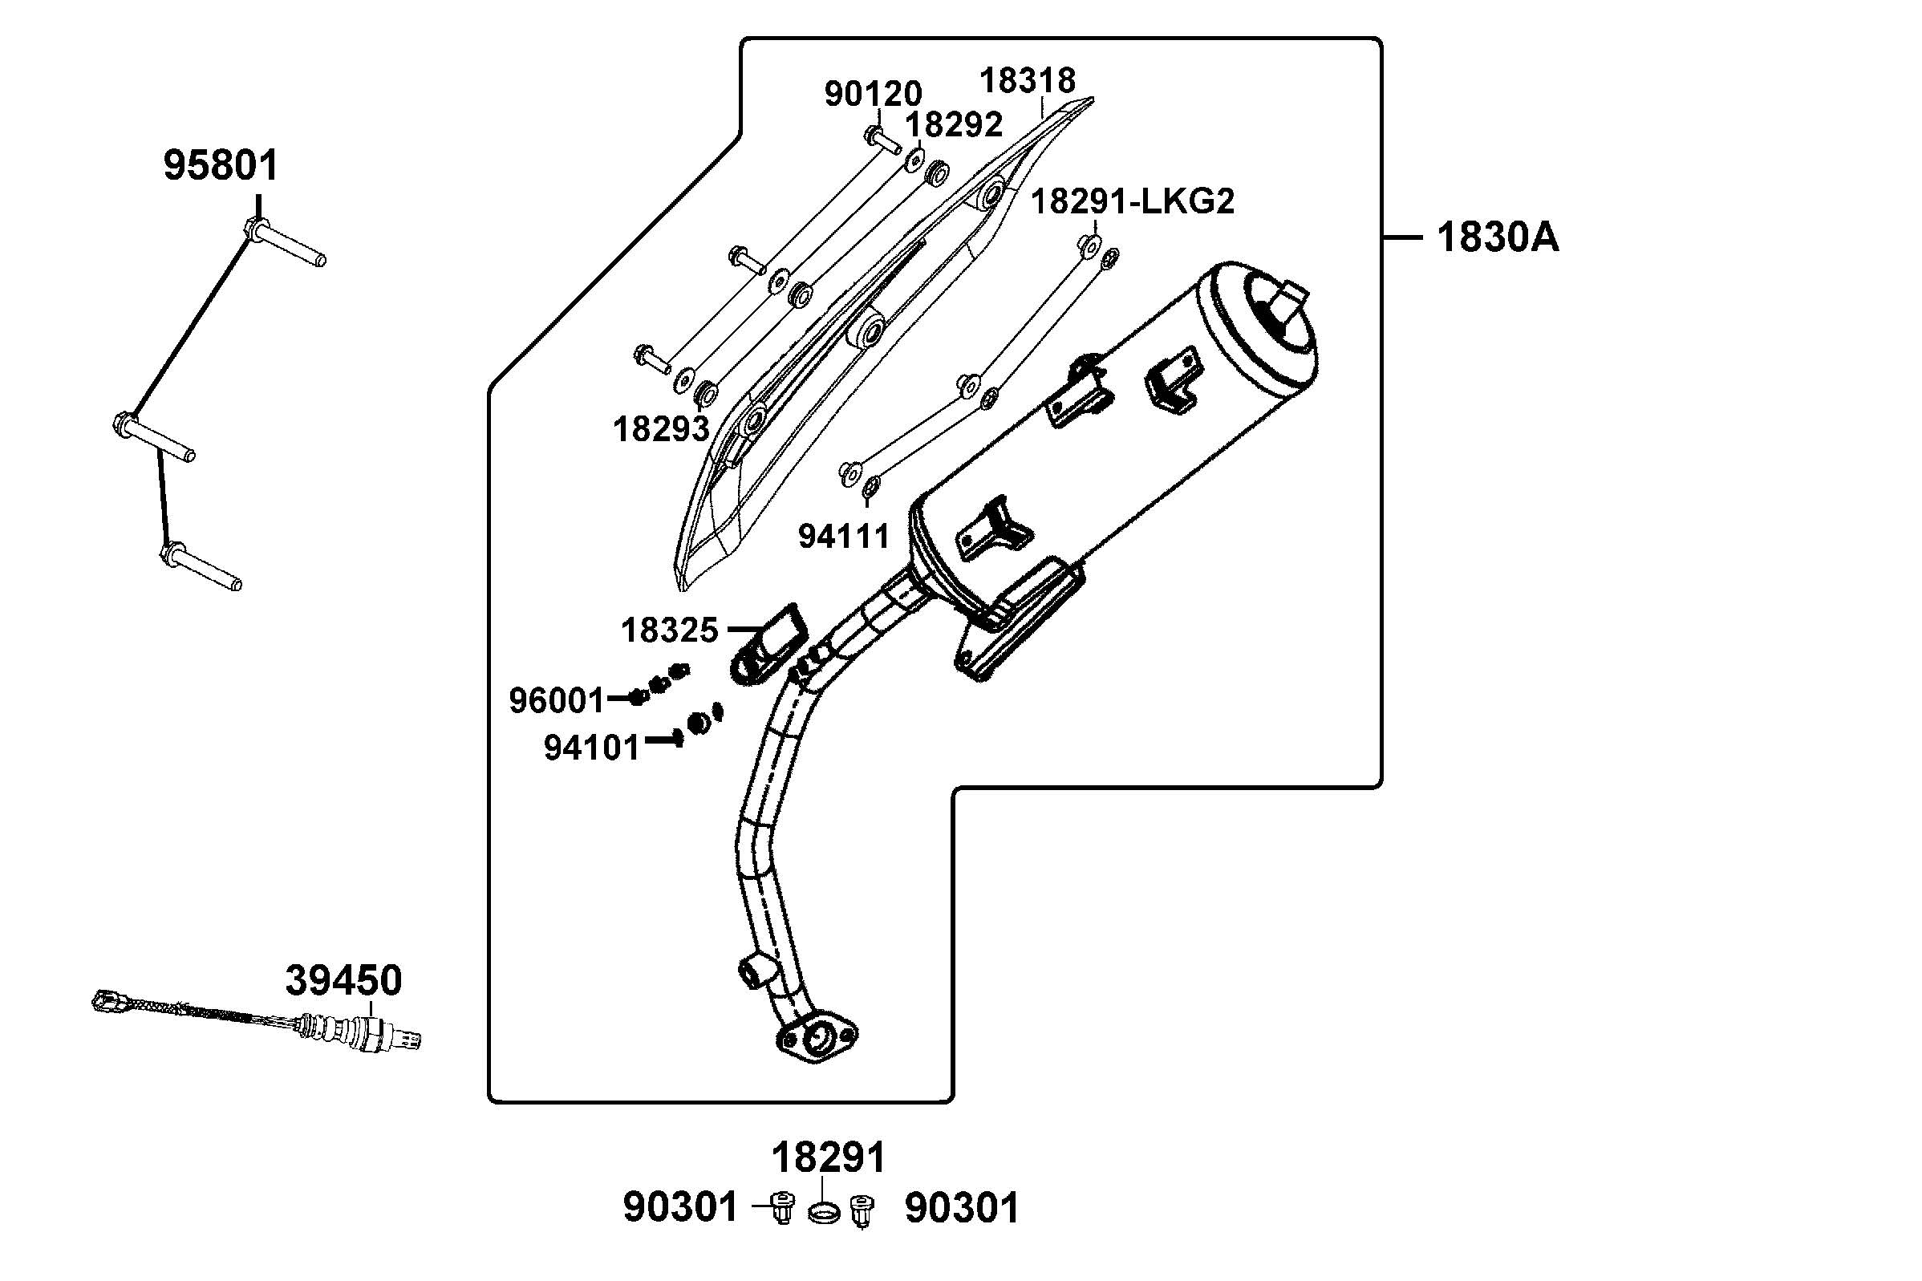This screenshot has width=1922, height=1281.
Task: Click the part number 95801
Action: point(221,165)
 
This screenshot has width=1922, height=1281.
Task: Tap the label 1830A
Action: point(1497,237)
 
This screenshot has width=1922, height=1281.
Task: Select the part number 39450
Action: point(343,980)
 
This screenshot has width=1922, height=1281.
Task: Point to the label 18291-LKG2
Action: point(1131,201)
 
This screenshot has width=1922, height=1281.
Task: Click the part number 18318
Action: point(1027,81)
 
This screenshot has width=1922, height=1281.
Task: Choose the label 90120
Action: point(873,95)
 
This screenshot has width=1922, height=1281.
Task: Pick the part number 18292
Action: point(954,125)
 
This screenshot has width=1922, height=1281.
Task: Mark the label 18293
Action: point(660,429)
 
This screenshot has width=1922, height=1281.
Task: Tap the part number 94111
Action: point(843,537)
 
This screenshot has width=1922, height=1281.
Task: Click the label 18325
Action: point(669,630)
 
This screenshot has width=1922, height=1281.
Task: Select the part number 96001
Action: point(556,701)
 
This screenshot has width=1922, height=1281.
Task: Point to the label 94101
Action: point(591,748)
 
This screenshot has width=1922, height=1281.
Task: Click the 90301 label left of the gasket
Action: point(679,1207)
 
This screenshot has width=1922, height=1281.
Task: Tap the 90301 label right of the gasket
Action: point(963,1207)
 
